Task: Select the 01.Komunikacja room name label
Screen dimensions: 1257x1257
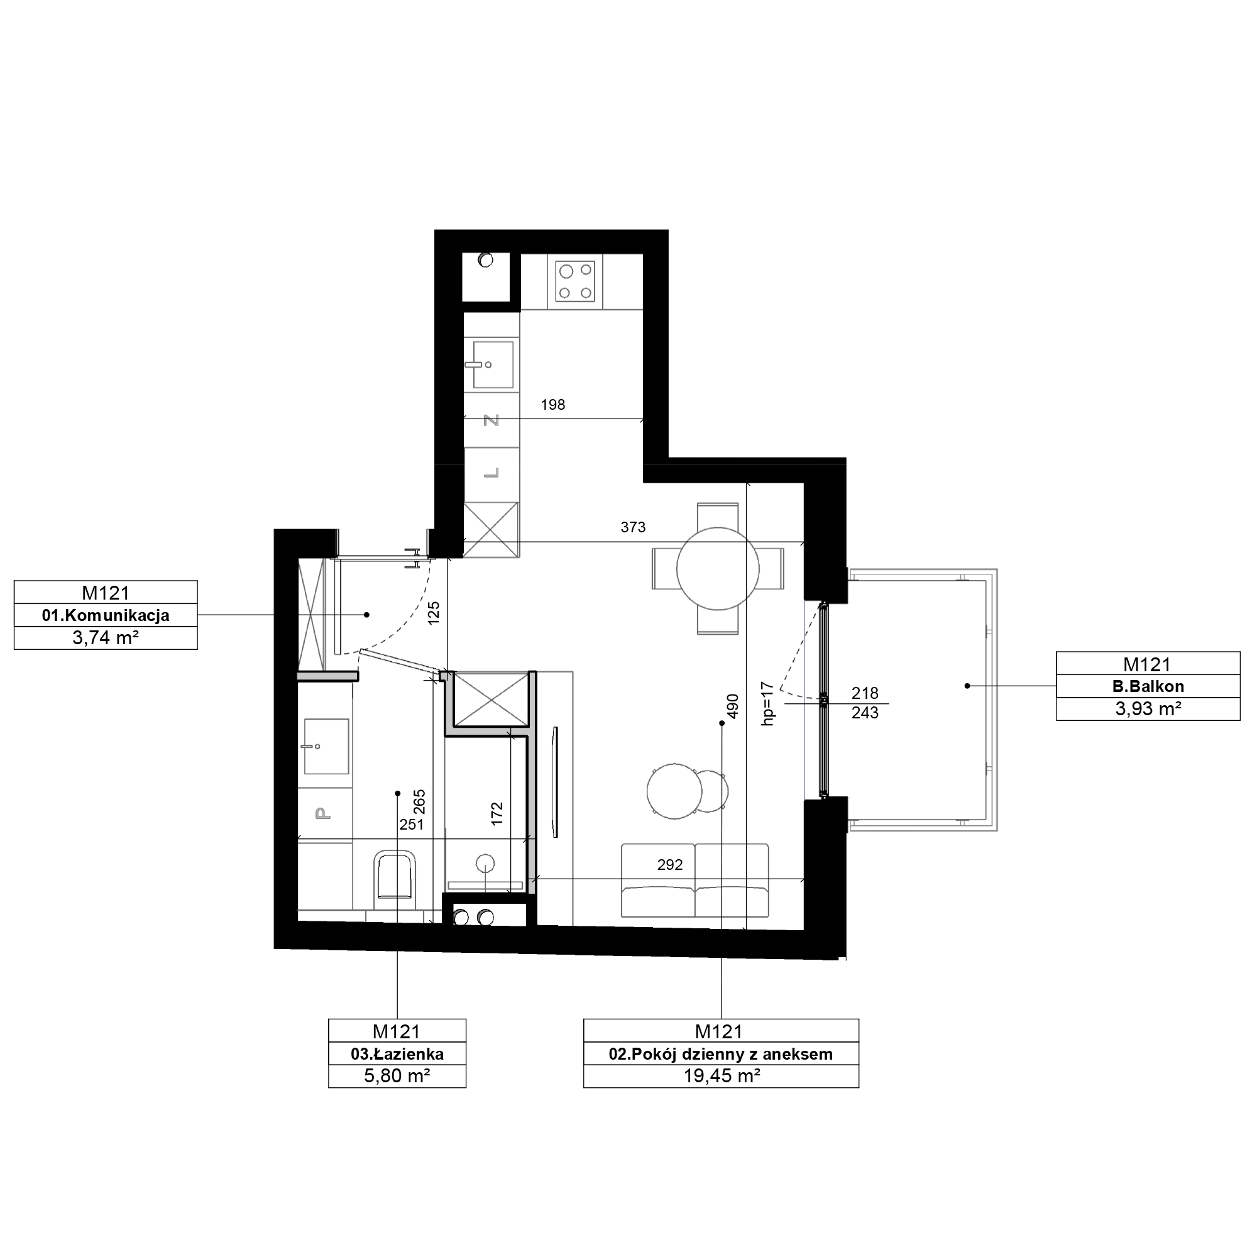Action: (x=106, y=615)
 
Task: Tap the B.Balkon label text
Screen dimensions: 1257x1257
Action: (x=1148, y=686)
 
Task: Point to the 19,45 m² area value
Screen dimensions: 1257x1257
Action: (x=722, y=1075)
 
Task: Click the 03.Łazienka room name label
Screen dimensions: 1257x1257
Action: (x=397, y=1053)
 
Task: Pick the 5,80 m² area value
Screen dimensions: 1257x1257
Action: (x=397, y=1075)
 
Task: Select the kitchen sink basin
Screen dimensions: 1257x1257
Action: (x=493, y=365)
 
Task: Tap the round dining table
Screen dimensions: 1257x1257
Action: (x=718, y=569)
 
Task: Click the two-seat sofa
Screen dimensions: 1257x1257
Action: (x=695, y=881)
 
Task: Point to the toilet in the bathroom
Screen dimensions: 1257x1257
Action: (x=395, y=879)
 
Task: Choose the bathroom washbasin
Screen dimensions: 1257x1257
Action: (x=326, y=746)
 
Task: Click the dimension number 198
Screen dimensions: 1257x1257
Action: (x=553, y=405)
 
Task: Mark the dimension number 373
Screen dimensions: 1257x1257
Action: (x=633, y=527)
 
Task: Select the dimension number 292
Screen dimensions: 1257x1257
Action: (x=670, y=865)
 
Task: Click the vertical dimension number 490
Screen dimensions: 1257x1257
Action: (x=733, y=706)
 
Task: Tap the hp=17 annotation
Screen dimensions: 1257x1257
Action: (x=768, y=704)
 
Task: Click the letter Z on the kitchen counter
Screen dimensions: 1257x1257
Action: (x=493, y=420)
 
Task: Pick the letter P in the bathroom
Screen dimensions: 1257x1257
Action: (x=321, y=813)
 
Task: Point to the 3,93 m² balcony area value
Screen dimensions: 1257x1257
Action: (x=1148, y=708)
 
